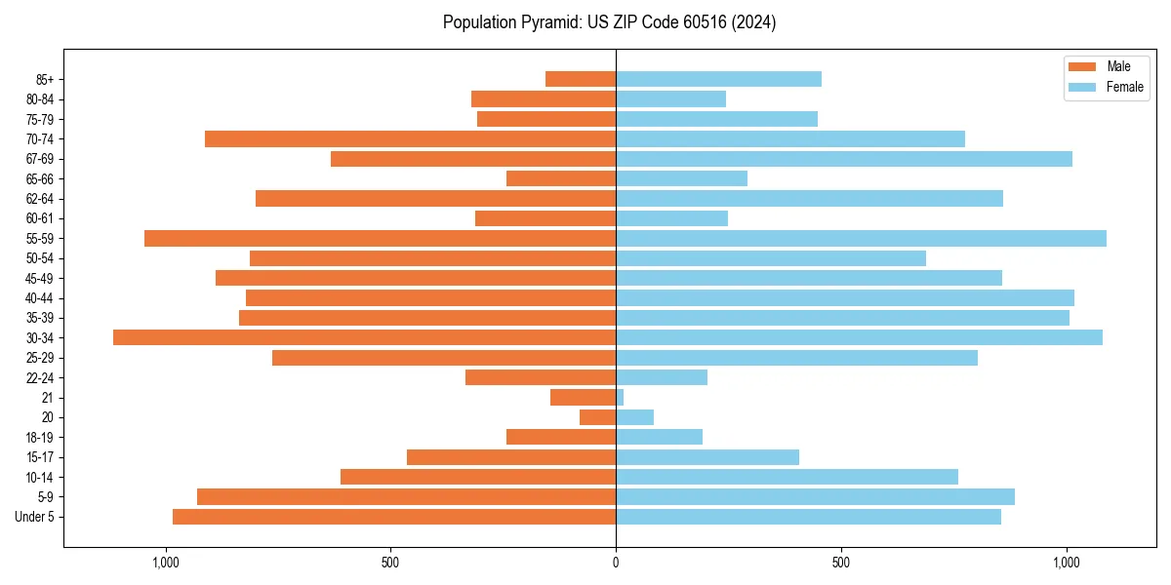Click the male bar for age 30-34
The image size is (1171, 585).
click(x=364, y=337)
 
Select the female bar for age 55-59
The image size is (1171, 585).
click(x=861, y=238)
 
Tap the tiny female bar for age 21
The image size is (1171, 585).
click(x=620, y=397)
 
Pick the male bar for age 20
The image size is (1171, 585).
click(x=597, y=417)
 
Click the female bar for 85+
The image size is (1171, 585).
click(x=718, y=79)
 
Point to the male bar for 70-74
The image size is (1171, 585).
click(x=410, y=138)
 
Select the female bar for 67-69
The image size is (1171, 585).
click(x=844, y=159)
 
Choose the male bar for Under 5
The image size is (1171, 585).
click(x=394, y=517)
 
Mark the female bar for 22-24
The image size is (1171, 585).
click(x=662, y=377)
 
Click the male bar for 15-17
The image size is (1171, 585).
click(x=511, y=456)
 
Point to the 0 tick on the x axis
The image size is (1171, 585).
click(x=616, y=563)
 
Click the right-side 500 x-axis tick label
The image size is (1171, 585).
click(x=841, y=563)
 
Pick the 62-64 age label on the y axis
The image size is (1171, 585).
click(x=40, y=199)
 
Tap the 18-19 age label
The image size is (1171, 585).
click(x=40, y=437)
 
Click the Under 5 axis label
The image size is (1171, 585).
click(x=35, y=517)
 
